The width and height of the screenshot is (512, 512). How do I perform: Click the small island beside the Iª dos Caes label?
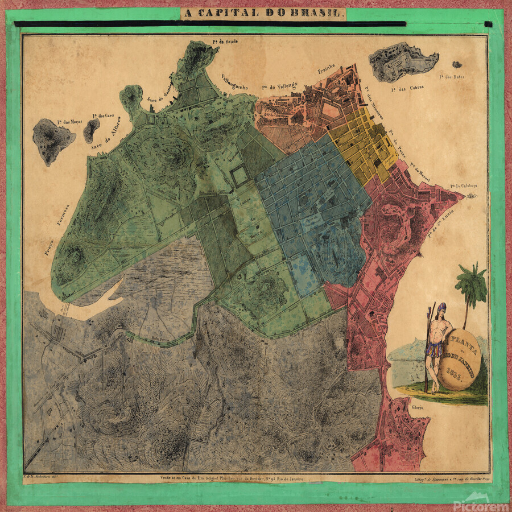90,130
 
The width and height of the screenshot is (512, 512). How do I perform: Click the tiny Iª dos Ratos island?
457,64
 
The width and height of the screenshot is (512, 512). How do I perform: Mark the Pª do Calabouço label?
463,185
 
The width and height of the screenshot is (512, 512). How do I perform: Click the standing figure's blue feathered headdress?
441,308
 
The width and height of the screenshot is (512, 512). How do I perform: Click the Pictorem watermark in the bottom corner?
481,500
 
